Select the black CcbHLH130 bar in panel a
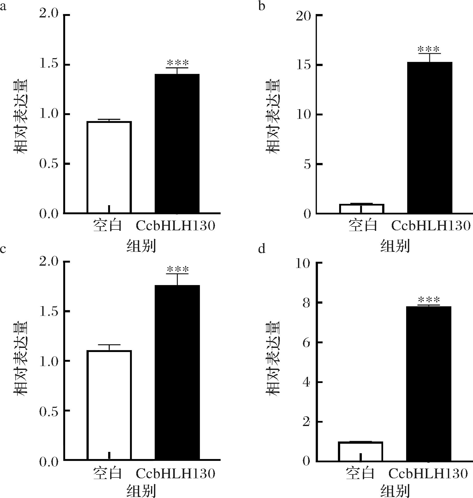pyautogui.click(x=177, y=143)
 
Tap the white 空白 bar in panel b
pyautogui.click(x=361, y=209)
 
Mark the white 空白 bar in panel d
pyautogui.click(x=361, y=451)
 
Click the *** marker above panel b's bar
pyautogui.click(x=429, y=49)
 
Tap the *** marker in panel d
pyautogui.click(x=429, y=300)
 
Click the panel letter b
pyautogui.click(x=262, y=6)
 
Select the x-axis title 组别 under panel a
pyautogui.click(x=141, y=246)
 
